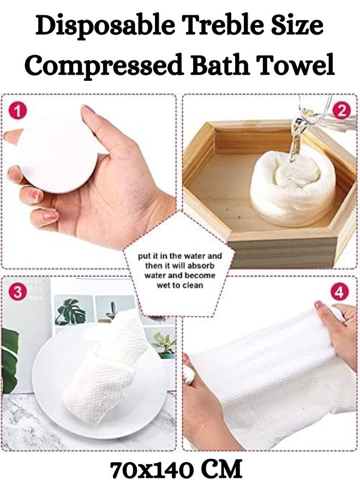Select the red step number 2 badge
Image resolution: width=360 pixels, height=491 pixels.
[x=341, y=111]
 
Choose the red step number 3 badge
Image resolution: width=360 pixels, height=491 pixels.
[x=19, y=292]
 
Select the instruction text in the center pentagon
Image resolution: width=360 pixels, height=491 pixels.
[x=180, y=270]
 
